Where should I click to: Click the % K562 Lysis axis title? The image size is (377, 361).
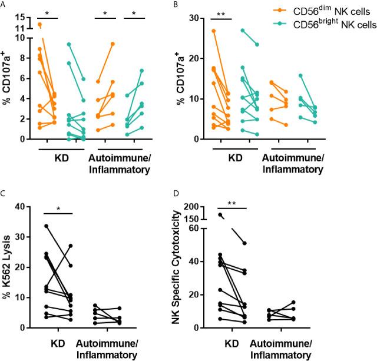click(8, 267)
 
